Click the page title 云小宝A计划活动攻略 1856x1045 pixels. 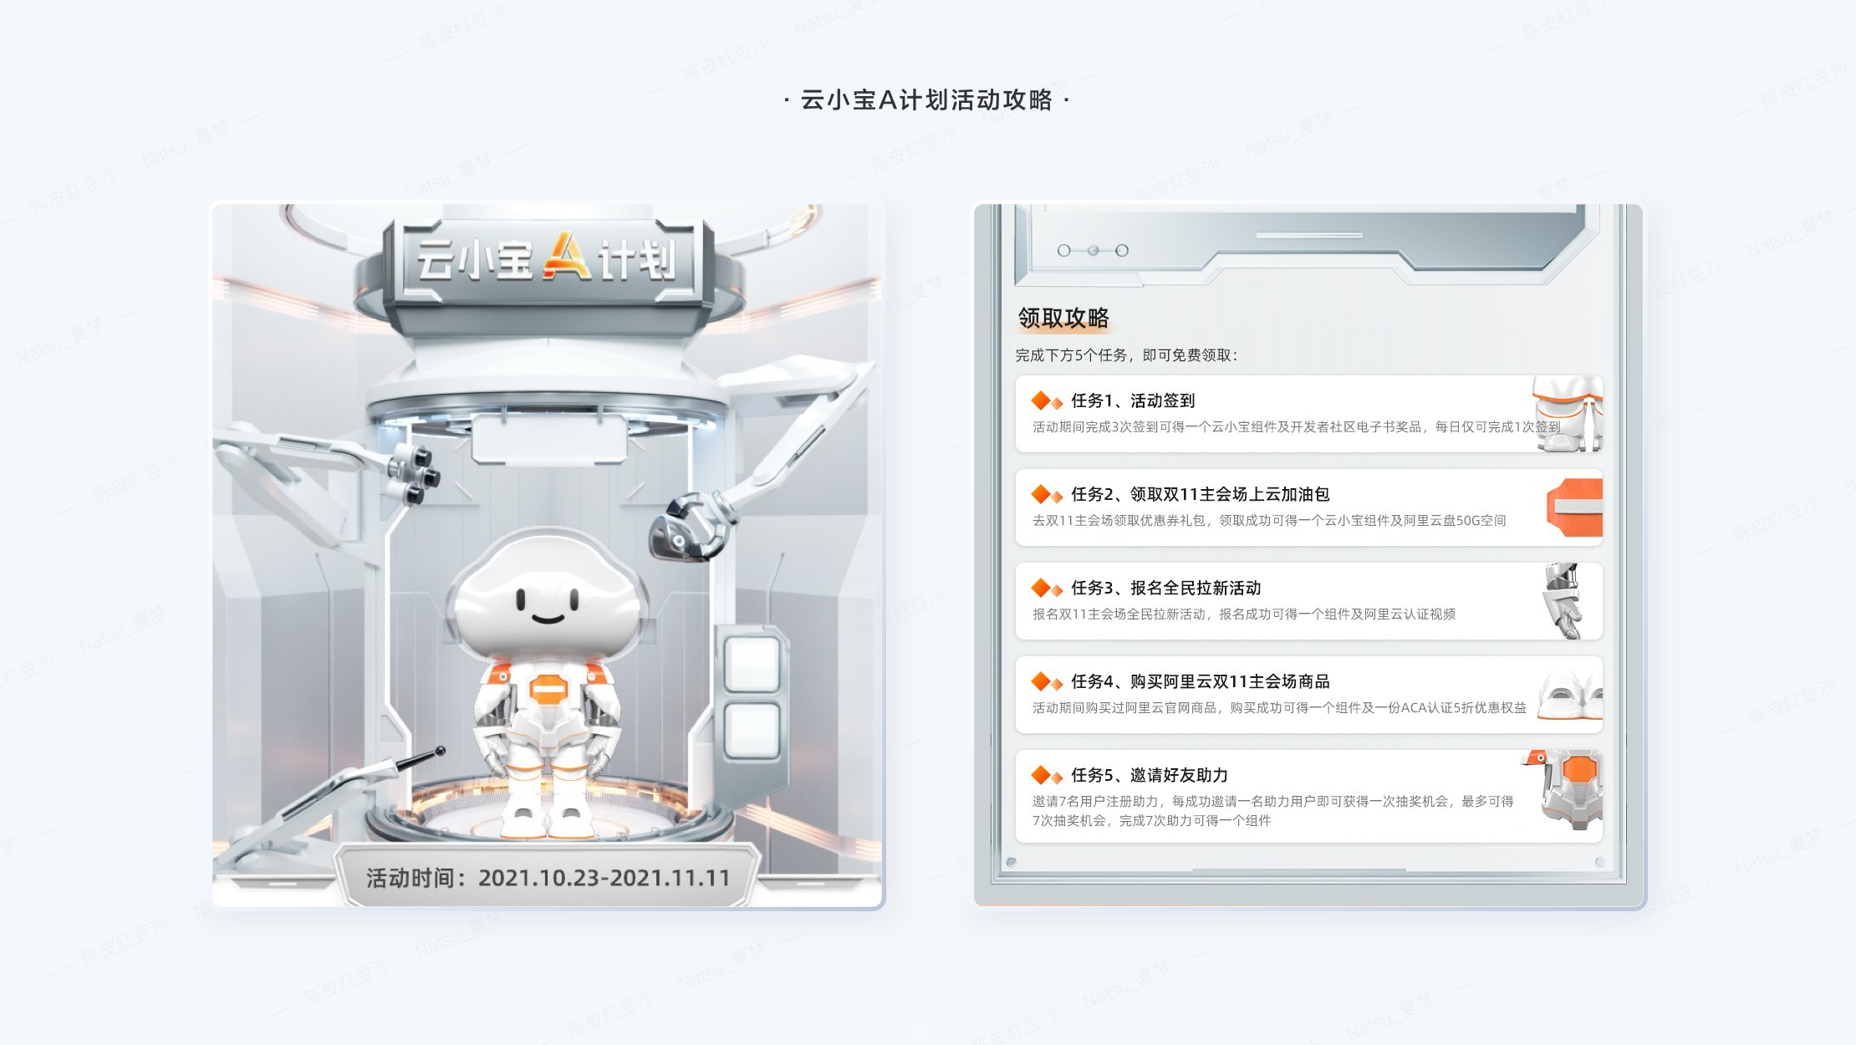tap(926, 100)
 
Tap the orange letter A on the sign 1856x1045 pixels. tap(567, 256)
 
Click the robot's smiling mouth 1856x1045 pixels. tap(548, 619)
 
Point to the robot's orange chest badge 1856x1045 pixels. tap(548, 691)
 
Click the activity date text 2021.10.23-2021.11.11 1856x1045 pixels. tap(604, 878)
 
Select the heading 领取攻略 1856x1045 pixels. tap(1063, 318)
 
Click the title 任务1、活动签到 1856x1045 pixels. tap(1133, 401)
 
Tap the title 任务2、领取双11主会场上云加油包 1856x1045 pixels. tap(1200, 495)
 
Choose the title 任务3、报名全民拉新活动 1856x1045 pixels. tap(1165, 589)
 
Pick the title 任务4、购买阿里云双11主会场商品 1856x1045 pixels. tap(1200, 682)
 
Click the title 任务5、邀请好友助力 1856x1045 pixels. tap(1150, 776)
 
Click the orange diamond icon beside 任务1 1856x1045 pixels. tap(1045, 401)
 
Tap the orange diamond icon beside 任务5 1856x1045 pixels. tap(1045, 776)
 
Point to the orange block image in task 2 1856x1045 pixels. tap(1575, 507)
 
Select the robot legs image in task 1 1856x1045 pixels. tap(1568, 414)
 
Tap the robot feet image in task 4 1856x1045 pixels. tap(1570, 696)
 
